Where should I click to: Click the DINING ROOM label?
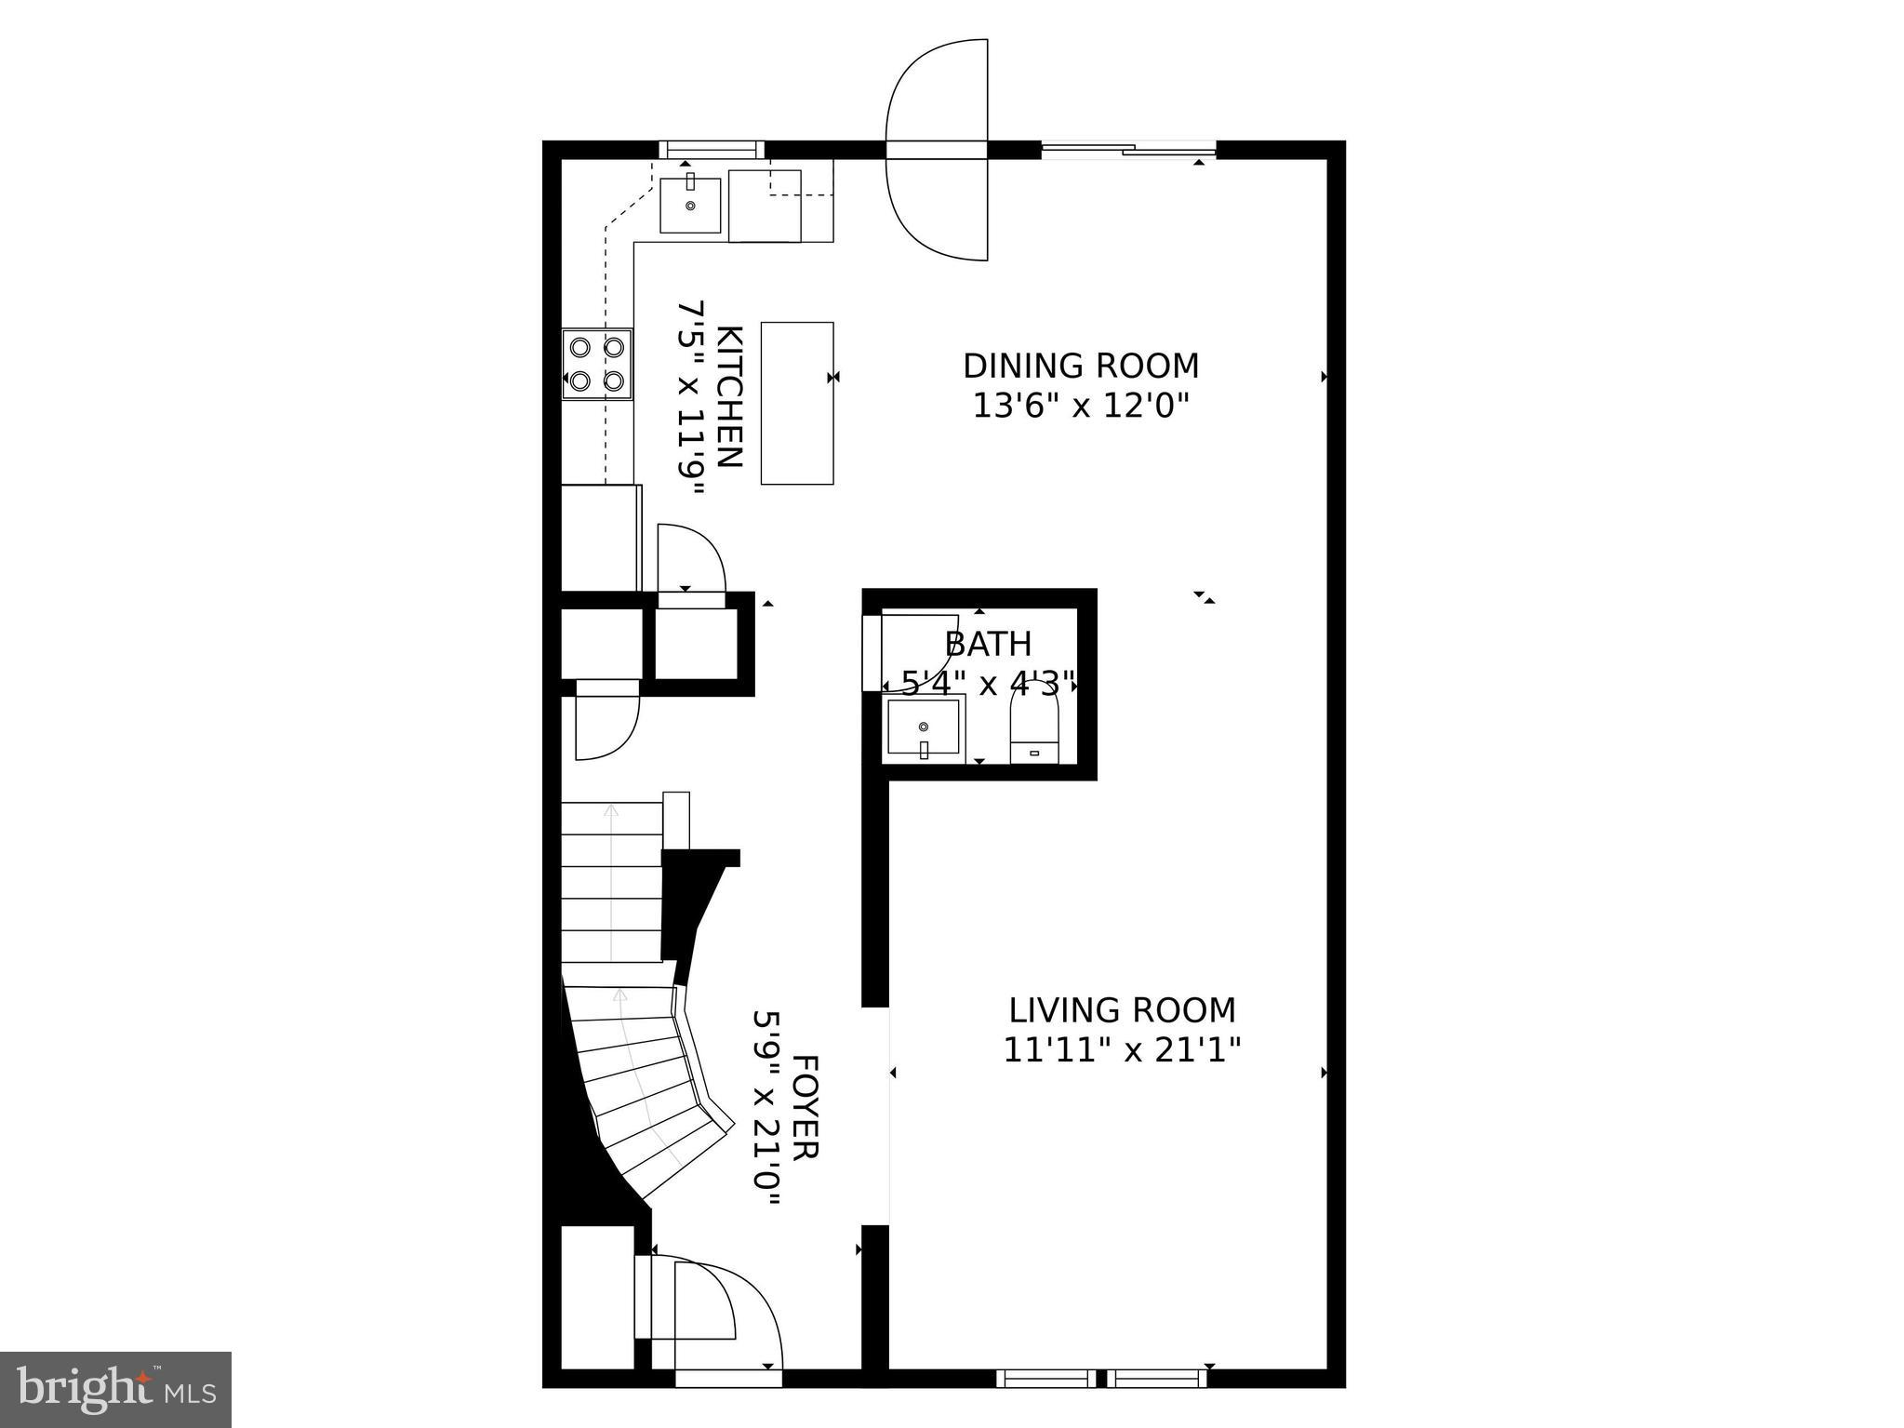[1081, 366]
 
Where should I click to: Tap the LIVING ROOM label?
[1123, 1010]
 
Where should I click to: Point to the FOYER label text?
[805, 1106]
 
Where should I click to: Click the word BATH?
[988, 644]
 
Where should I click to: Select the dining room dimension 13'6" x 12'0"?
[1081, 407]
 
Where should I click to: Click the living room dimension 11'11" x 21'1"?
[1123, 1051]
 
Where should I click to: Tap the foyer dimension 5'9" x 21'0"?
[766, 1107]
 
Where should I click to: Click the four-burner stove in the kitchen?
[597, 364]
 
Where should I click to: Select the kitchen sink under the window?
[690, 206]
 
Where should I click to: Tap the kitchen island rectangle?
[797, 403]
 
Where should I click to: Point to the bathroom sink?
[923, 727]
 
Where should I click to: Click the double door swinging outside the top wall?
[937, 149]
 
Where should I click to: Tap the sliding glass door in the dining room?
[1128, 148]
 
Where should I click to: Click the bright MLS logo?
[115, 1389]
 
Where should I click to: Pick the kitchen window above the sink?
[712, 149]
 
